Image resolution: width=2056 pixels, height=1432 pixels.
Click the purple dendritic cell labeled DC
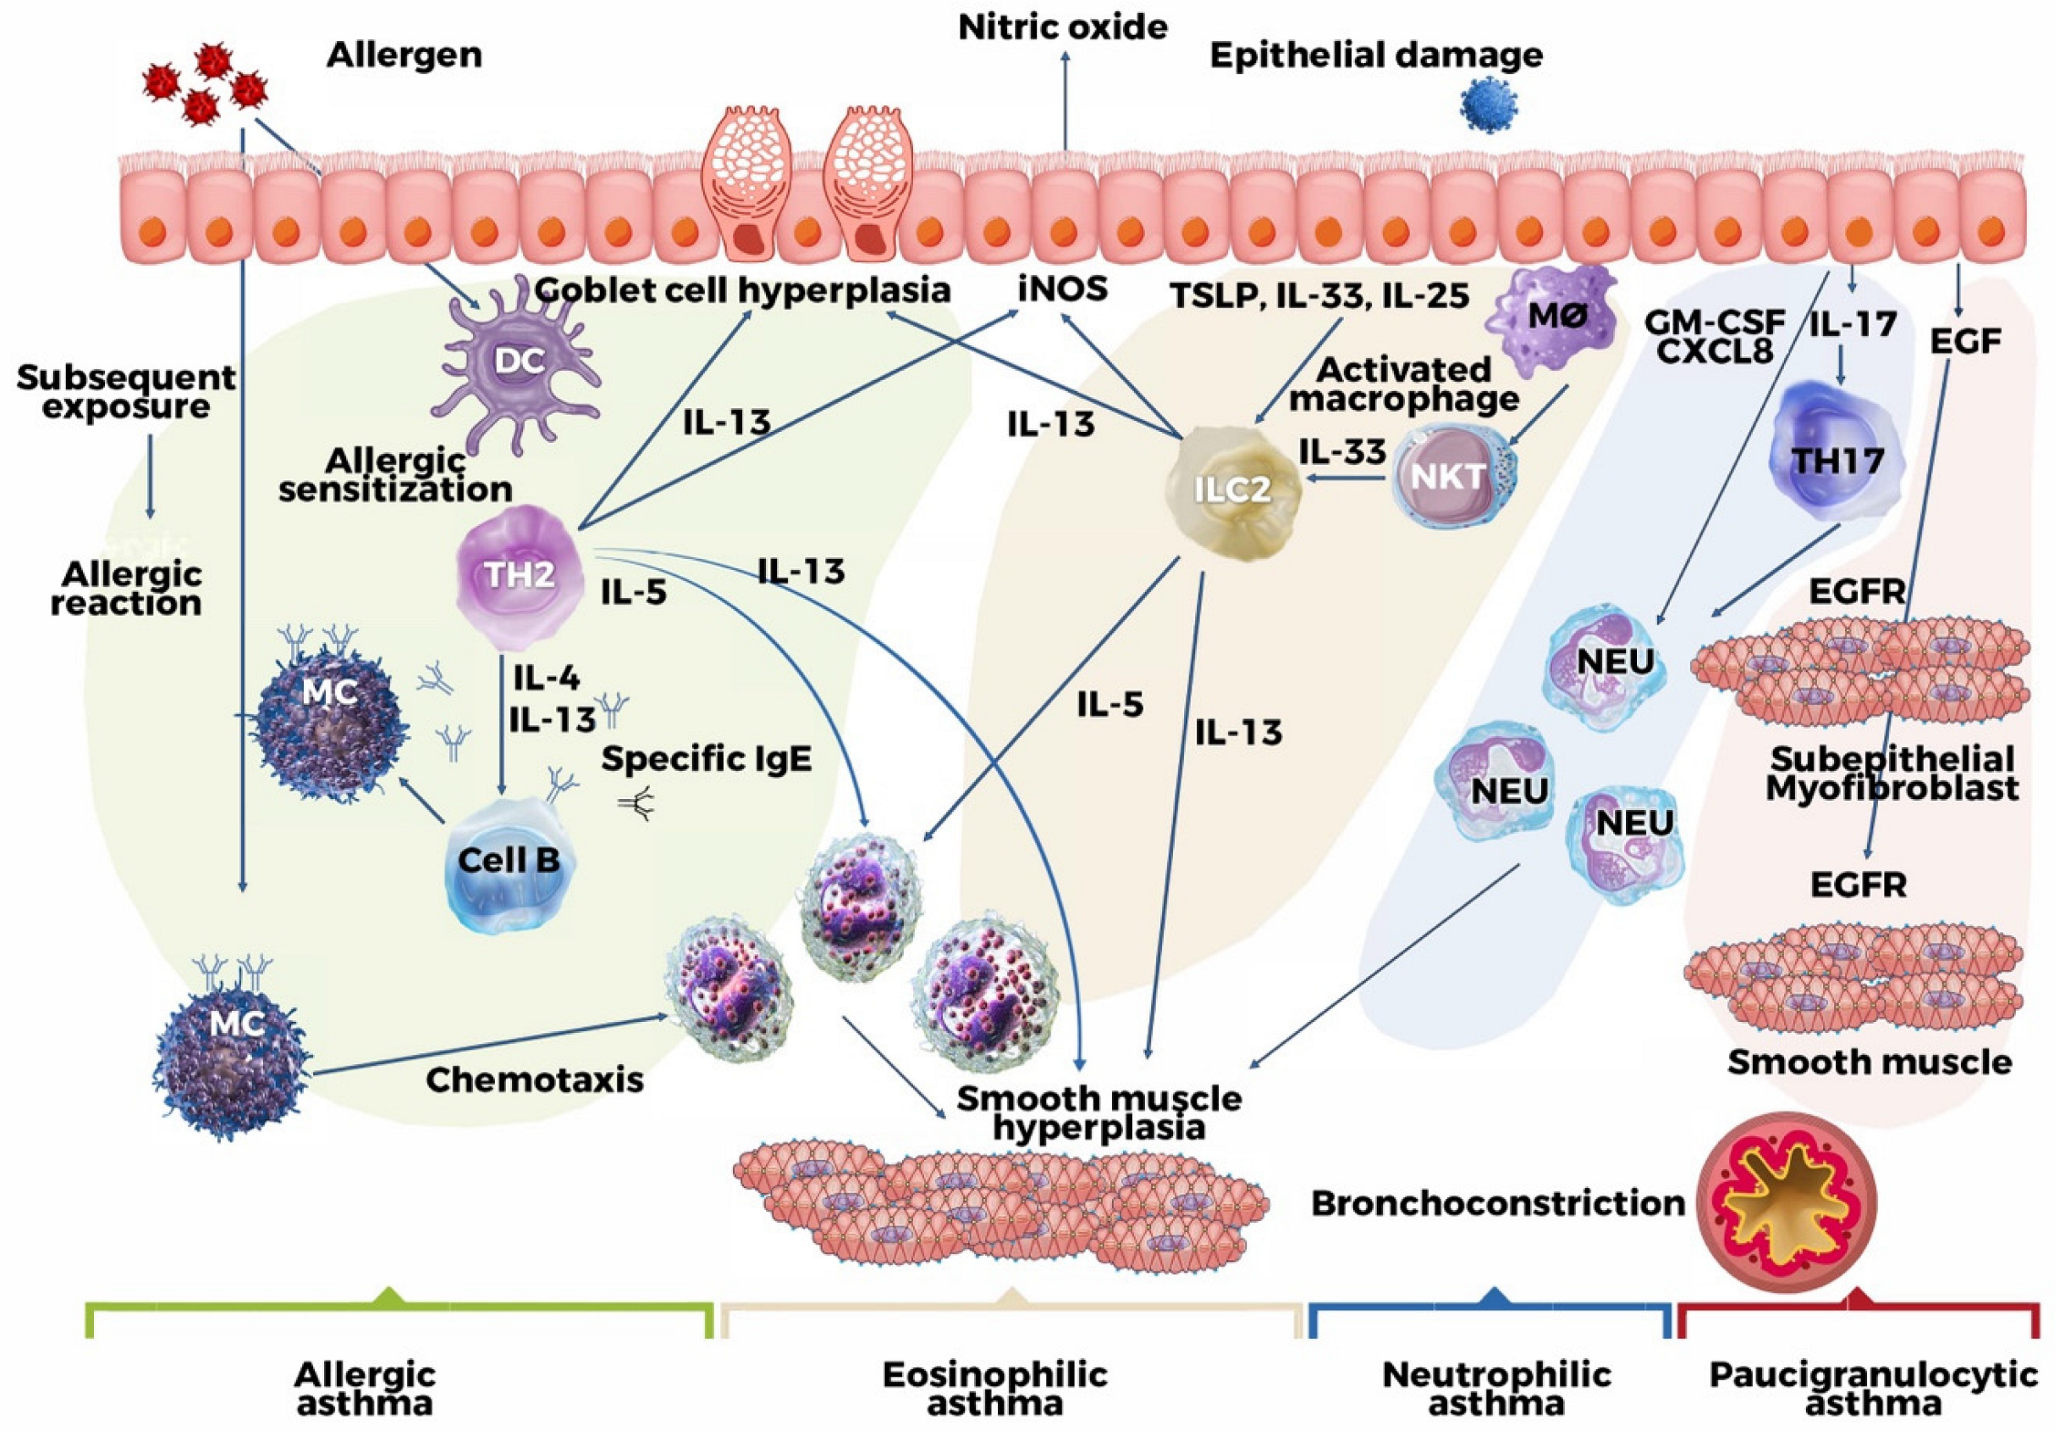pos(519,363)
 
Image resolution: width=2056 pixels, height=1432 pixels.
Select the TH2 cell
pos(519,575)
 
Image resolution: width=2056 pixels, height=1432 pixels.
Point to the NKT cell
pos(1450,478)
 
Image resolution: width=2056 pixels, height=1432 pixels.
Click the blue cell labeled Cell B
pos(509,861)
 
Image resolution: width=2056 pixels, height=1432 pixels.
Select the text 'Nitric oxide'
pos(1063,27)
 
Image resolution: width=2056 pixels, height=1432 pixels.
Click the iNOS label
pos(1063,290)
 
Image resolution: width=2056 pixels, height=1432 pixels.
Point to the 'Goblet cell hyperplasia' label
pos(742,290)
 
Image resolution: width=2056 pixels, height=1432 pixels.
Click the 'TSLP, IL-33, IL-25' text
pos(1319,295)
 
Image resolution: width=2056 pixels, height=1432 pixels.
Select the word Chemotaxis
pos(534,1080)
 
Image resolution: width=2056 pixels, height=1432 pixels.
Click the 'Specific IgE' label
pos(706,759)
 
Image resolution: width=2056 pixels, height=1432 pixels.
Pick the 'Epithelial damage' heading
pos(1376,56)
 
